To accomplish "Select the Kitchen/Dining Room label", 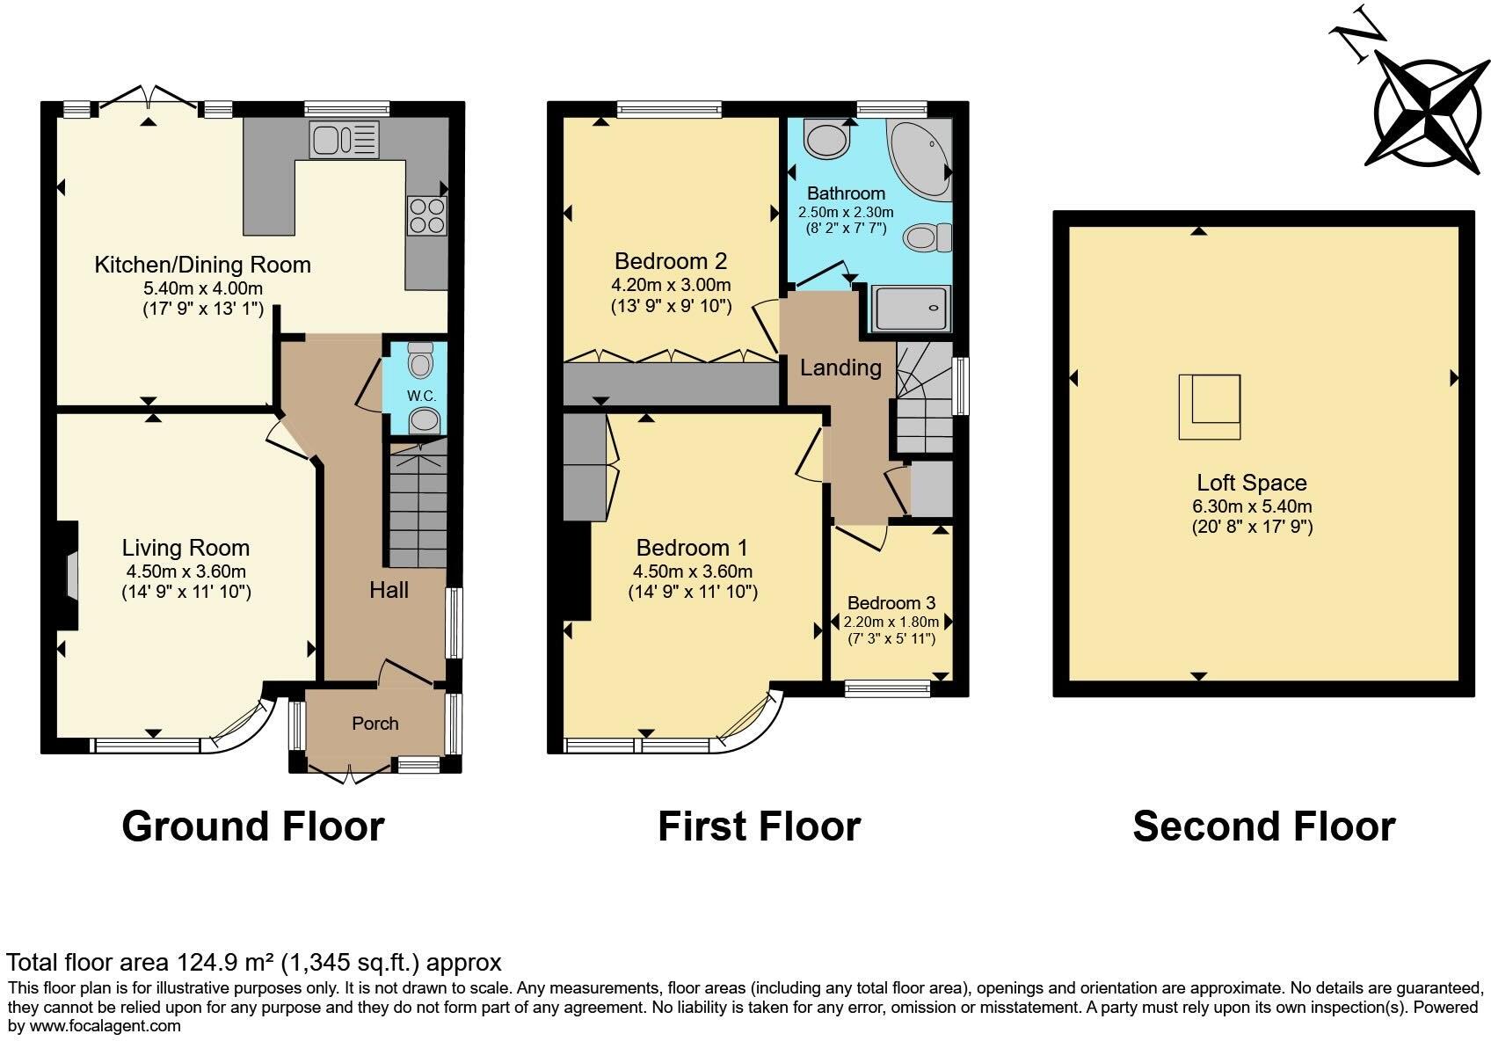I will [x=202, y=265].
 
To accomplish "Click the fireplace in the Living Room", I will [x=70, y=576].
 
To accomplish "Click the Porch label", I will [x=375, y=724].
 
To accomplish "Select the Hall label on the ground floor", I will [x=389, y=590].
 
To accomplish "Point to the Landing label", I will [x=840, y=368].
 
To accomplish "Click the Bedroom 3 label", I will [x=891, y=603].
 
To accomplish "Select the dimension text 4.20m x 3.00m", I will [x=671, y=285].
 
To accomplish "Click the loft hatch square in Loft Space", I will [x=1210, y=406].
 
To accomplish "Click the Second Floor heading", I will [x=1263, y=826].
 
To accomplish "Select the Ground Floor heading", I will [x=253, y=826].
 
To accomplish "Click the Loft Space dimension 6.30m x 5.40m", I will [x=1252, y=506].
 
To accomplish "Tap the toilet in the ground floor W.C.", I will [x=422, y=360].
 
